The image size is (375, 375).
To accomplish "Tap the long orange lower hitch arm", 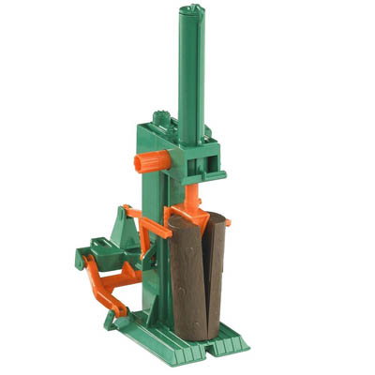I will tap(108, 280).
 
